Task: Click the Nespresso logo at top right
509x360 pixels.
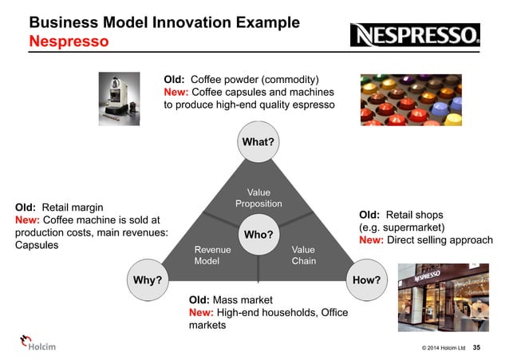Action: (416, 34)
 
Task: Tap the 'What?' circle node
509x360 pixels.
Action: (258, 142)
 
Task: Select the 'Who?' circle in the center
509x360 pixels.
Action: (258, 235)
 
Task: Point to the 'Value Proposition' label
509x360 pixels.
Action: (258, 198)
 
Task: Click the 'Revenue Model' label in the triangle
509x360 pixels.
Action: (211, 255)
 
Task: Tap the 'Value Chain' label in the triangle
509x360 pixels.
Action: (303, 255)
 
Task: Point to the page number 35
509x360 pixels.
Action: (477, 347)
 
